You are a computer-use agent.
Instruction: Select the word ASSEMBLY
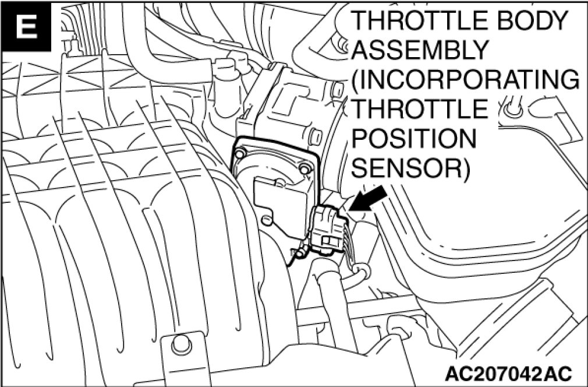(x=419, y=50)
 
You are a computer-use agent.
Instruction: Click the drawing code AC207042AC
(x=509, y=371)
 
